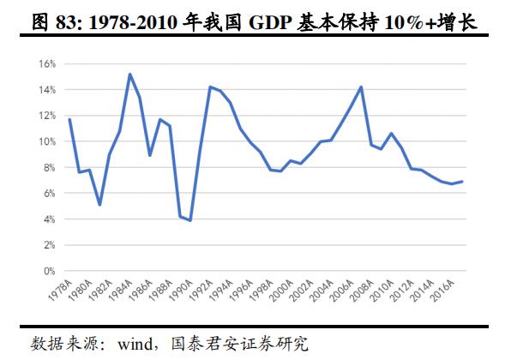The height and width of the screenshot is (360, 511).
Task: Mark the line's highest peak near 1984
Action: [129, 74]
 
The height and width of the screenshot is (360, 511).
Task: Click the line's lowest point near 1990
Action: [189, 220]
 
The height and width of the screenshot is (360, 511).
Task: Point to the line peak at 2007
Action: [361, 87]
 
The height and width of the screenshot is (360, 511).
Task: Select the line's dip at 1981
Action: [100, 205]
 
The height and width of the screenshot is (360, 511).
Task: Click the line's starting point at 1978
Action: [69, 119]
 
